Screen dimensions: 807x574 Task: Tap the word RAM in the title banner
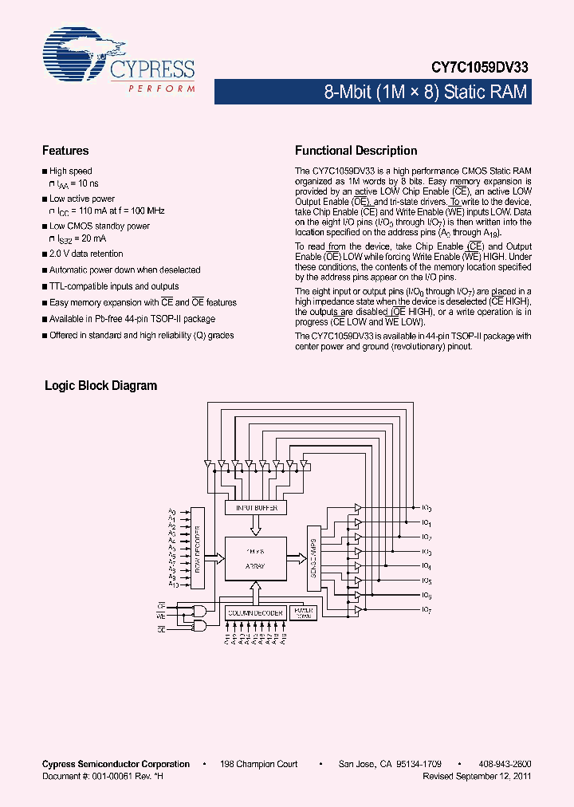507,93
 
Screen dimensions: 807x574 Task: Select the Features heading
65,151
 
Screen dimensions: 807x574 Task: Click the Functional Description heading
356,151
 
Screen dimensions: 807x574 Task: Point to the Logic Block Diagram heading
100,386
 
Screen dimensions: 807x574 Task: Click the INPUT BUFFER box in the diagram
255,508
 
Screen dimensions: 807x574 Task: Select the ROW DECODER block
202,547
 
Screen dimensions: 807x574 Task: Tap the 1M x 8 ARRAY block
255,557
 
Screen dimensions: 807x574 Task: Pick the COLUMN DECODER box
255,612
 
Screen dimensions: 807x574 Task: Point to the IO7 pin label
426,610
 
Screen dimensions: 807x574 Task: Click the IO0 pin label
426,509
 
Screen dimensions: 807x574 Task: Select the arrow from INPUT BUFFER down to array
255,526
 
